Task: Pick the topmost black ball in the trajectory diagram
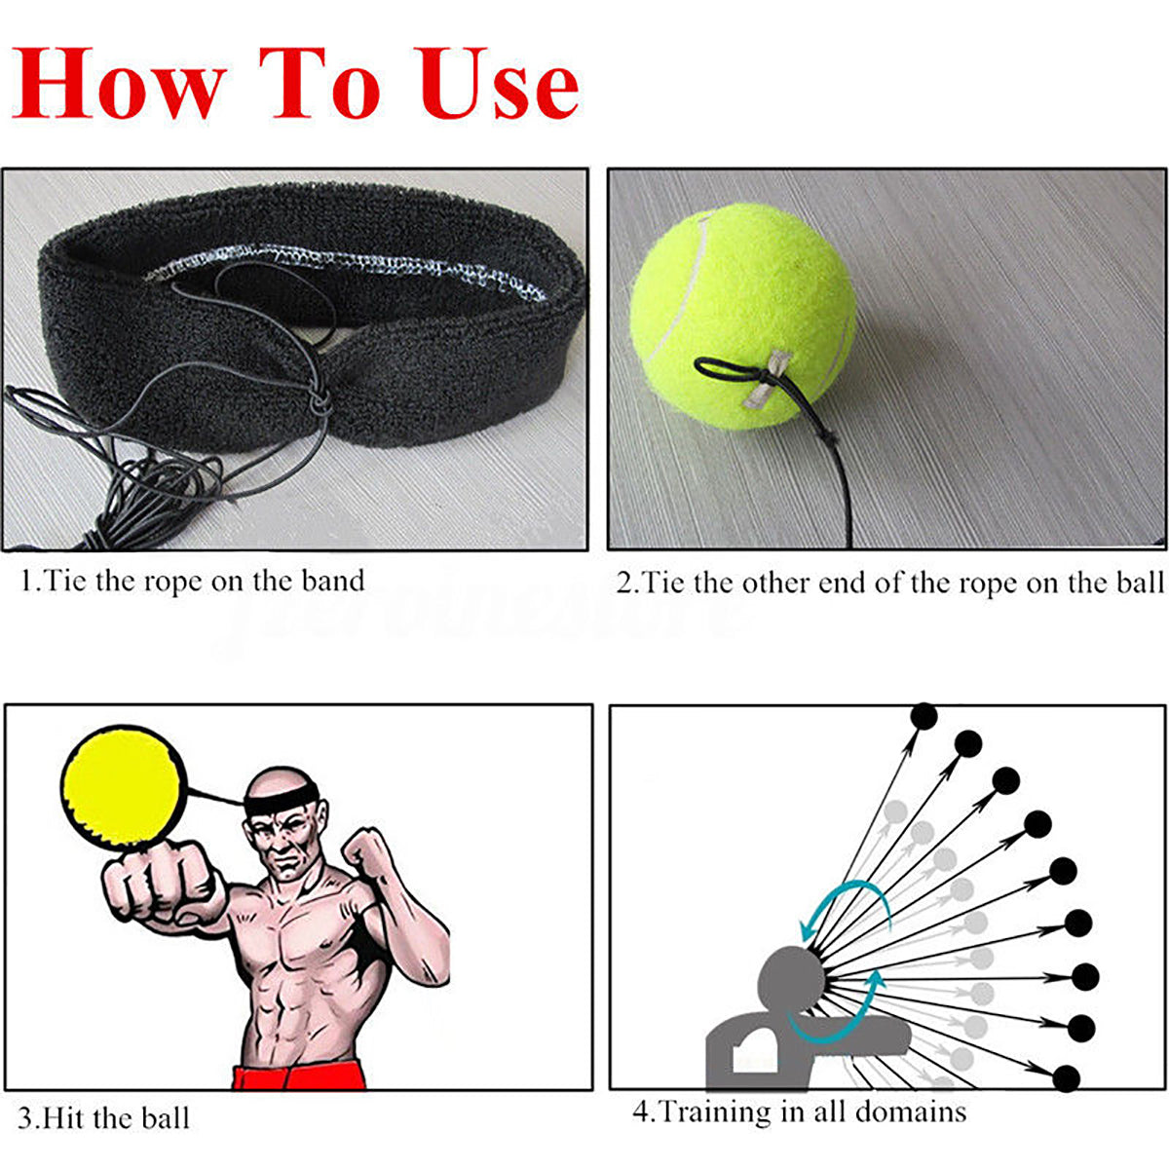click(924, 717)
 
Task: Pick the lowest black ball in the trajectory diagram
click(1068, 1077)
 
